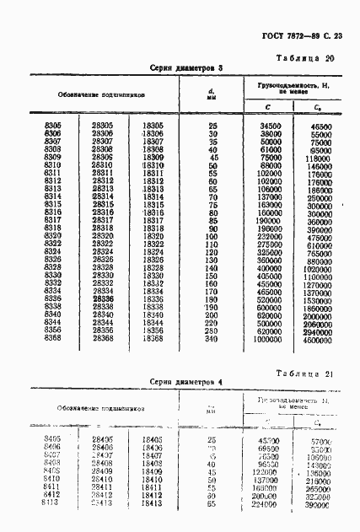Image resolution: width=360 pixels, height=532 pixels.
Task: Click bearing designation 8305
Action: [51, 125]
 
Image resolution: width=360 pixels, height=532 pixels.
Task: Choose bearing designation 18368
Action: [153, 338]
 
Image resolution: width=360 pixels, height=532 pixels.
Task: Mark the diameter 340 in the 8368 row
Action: [211, 338]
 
